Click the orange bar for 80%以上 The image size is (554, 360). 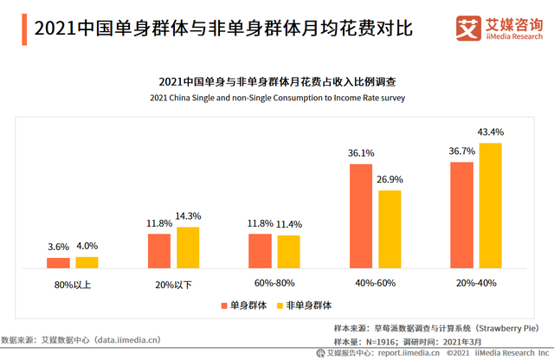[58, 263]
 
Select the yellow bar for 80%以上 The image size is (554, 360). [87, 262]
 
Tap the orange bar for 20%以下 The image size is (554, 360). [159, 251]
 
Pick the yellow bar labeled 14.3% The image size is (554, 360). [188, 247]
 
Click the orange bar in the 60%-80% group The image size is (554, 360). [260, 251]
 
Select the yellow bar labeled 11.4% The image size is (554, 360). [288, 252]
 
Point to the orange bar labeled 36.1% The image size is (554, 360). [361, 215]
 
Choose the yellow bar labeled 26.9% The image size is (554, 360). [390, 229]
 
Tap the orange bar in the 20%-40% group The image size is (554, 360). [462, 215]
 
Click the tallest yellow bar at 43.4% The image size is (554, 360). [491, 205]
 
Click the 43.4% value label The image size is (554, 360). [491, 132]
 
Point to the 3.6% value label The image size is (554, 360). [58, 247]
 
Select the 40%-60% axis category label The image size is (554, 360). [375, 283]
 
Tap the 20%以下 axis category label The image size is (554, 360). [173, 283]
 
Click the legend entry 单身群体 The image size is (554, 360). [245, 305]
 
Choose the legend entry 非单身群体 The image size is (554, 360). [307, 305]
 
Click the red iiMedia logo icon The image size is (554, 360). [468, 29]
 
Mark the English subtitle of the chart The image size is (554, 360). [277, 98]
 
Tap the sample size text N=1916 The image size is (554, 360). [385, 343]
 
